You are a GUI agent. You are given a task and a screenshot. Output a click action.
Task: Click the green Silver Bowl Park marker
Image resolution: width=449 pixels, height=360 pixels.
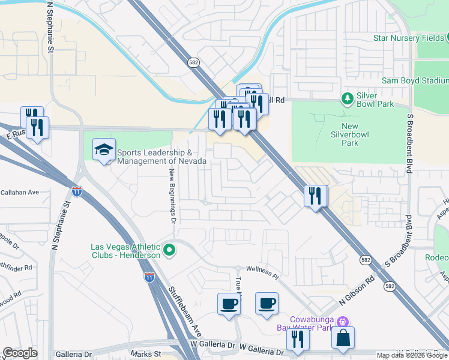[346, 98]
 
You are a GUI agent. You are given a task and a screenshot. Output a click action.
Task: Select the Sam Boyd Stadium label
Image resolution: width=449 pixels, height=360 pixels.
[415, 80]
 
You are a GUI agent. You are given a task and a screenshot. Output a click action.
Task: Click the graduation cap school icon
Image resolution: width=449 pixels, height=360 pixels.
[104, 149]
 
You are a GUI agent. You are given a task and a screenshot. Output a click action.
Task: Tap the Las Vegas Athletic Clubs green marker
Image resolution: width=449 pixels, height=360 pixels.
[170, 250]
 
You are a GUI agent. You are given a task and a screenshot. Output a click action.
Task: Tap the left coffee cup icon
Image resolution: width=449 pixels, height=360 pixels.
[229, 303]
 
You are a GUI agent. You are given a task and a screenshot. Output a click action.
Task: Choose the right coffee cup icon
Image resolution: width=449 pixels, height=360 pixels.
[267, 303]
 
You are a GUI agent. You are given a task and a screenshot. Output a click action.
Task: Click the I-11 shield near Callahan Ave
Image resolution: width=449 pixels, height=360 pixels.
[77, 191]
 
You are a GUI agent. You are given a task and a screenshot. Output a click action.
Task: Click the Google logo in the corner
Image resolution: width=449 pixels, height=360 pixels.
[20, 353]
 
